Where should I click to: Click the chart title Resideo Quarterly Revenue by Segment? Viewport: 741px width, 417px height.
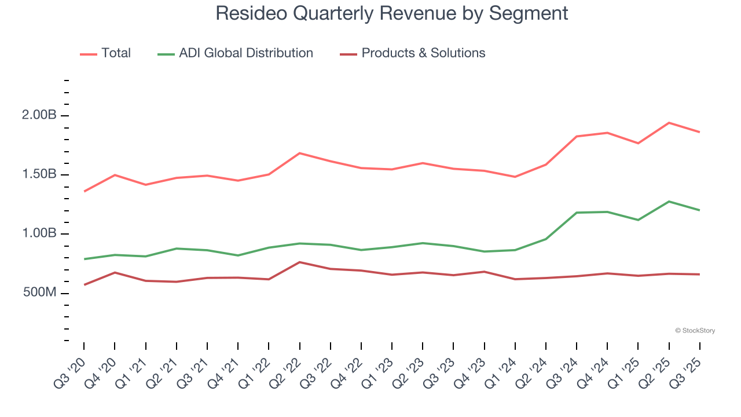coord(392,13)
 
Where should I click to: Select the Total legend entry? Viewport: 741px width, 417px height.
coord(116,53)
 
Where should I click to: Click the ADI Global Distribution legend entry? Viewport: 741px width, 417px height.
coord(245,53)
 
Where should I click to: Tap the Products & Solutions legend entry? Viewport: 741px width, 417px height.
coord(423,53)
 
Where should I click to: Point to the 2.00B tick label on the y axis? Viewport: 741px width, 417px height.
coord(39,115)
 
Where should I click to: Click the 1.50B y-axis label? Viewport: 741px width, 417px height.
coord(39,175)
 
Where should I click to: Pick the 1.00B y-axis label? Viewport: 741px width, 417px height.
coord(39,234)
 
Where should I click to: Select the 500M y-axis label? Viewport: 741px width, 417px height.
coord(40,293)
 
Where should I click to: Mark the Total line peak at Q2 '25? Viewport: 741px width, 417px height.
coord(669,123)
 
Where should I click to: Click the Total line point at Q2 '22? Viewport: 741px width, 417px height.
coord(299,153)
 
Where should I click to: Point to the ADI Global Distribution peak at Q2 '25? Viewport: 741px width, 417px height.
coord(669,202)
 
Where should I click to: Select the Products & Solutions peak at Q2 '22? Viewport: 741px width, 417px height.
coord(299,262)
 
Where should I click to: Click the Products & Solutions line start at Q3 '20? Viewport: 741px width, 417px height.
coord(84,285)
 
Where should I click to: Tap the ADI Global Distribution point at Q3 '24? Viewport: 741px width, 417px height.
coord(577,213)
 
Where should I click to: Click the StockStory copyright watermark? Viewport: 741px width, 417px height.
coord(695,331)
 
